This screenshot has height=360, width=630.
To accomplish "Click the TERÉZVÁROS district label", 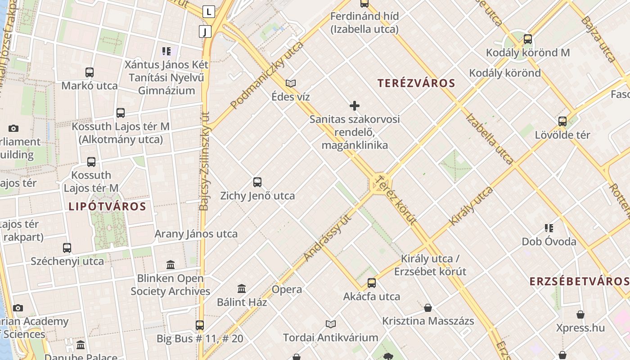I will click(416, 83).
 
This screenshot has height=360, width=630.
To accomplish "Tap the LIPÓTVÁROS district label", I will click(107, 207).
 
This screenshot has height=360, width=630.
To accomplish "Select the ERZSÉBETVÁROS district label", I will click(579, 282).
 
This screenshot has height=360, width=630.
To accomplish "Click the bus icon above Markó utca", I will click(90, 72).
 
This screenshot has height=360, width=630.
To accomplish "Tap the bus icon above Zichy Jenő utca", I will click(257, 182).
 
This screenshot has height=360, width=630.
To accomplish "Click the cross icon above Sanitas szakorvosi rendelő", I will click(355, 106).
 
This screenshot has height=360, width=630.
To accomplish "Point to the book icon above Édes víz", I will click(291, 83).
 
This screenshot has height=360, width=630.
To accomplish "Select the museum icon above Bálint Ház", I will click(242, 288).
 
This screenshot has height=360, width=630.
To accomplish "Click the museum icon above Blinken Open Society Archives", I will click(171, 265).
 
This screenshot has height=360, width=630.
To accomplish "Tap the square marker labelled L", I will click(208, 12).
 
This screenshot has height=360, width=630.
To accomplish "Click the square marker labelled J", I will click(205, 31).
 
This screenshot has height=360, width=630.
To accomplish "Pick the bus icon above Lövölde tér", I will click(562, 121).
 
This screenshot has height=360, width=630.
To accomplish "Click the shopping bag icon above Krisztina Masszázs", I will click(428, 308).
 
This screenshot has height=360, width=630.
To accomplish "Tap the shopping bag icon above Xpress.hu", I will click(580, 315).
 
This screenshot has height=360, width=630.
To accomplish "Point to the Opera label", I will click(287, 289).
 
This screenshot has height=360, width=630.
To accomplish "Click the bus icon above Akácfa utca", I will click(372, 283).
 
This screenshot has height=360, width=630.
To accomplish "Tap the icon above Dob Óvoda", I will click(549, 228).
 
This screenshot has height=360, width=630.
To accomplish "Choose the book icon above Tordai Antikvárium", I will click(331, 324).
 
